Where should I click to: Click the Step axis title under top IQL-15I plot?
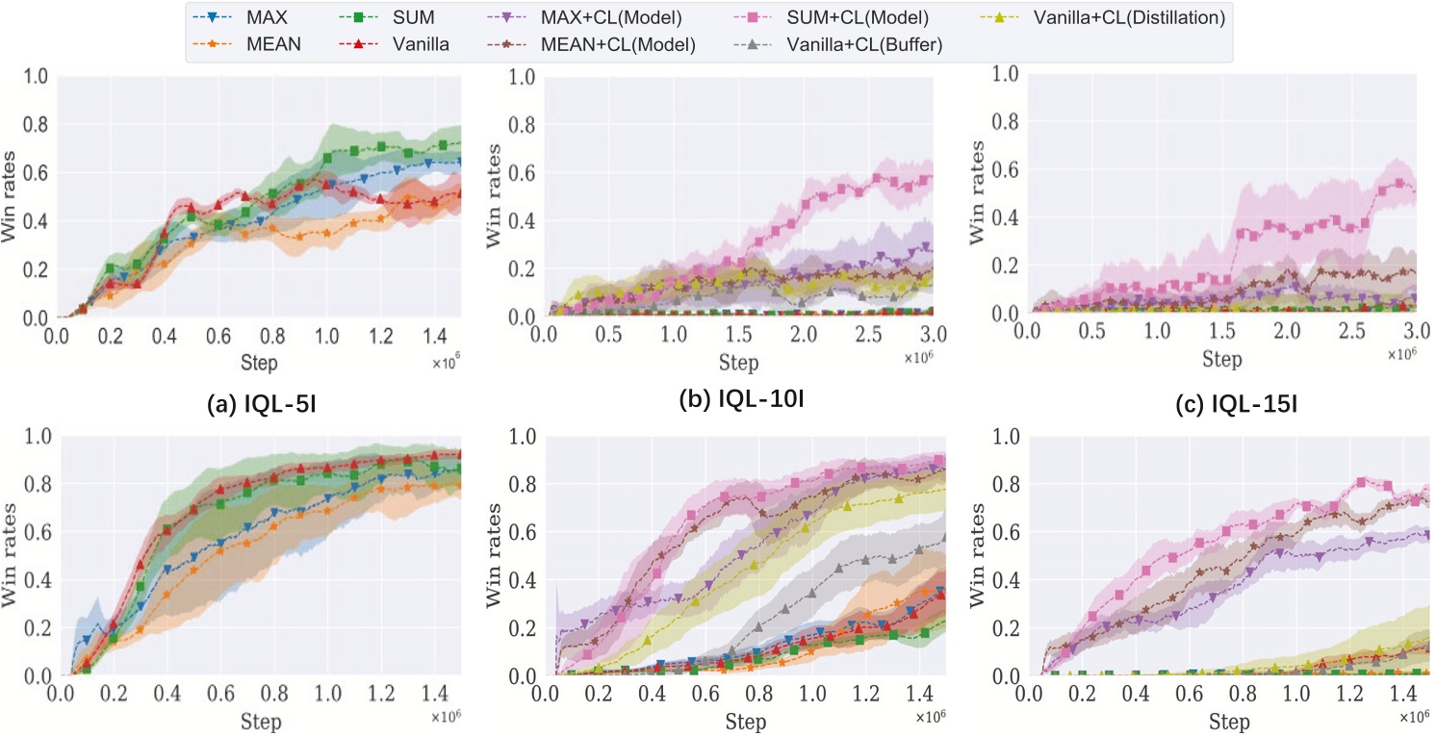[1220, 359]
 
